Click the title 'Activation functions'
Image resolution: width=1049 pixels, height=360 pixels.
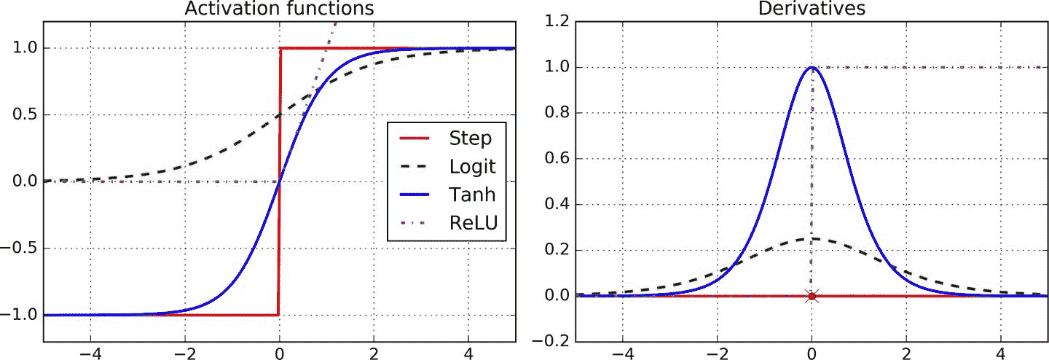coord(279,9)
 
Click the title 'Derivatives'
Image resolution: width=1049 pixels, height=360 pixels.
coord(811,9)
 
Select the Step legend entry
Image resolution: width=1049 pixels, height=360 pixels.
coord(471,137)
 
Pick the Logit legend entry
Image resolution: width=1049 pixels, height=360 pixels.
coord(473,166)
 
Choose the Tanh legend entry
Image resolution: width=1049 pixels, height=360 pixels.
coord(472,195)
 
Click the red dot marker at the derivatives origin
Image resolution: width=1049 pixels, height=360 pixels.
coord(812,296)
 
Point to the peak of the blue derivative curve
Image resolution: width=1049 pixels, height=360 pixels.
coord(812,68)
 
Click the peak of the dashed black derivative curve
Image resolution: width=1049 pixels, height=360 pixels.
coord(812,238)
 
